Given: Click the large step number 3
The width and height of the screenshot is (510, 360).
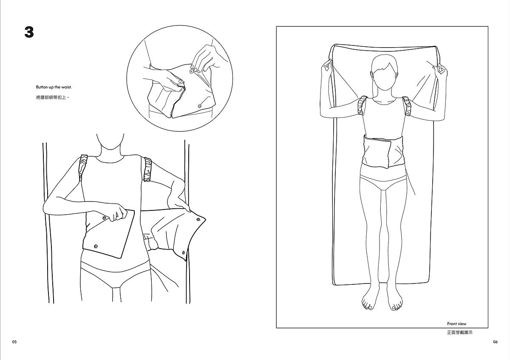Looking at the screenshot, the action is point(29,32).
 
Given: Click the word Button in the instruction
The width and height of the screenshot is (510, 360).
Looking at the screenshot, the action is point(42,87).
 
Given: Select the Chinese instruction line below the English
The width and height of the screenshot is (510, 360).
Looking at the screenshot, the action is point(52,98).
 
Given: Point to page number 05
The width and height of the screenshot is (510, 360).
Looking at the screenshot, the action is point(14,342).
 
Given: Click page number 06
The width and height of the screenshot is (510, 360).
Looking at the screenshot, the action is point(496,342).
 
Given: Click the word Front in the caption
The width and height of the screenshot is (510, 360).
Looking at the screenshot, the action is point(452,323).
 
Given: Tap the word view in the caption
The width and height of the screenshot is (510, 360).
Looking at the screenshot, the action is point(462,323).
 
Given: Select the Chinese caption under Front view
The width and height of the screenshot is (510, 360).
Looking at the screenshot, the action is point(460,332).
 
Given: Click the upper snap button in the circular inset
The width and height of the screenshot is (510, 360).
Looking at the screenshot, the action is point(191,71).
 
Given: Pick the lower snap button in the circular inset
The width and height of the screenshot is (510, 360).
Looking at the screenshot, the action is point(200,106).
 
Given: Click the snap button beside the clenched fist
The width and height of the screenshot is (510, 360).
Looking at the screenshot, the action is point(105,218).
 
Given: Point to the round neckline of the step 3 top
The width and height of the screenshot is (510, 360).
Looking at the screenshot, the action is point(110,160).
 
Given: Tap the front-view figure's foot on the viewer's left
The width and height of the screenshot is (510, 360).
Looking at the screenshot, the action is point(371,299).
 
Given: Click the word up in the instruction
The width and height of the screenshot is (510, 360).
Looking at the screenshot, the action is point(51,87).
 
